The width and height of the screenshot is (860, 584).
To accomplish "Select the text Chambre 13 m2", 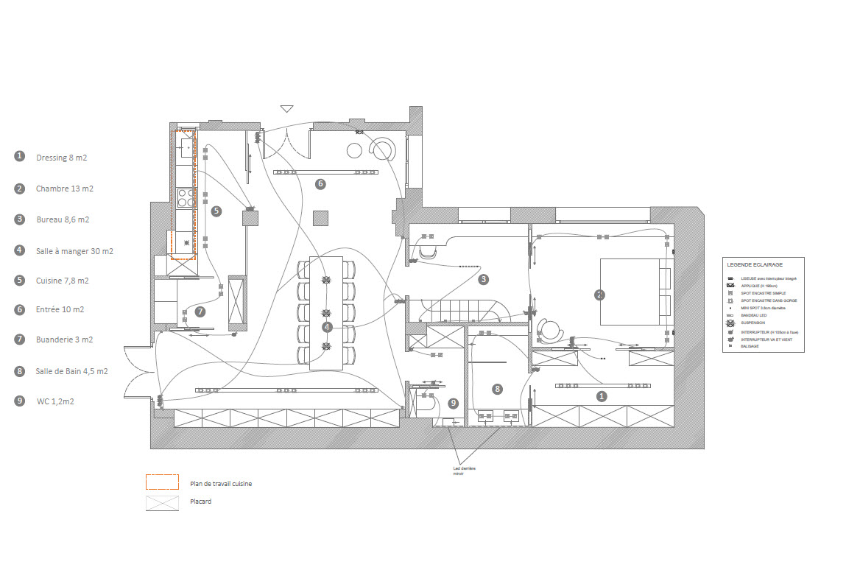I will coord(64,189).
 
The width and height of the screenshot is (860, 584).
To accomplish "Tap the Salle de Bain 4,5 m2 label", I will coord(71,371).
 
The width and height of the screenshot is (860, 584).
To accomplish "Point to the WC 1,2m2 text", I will coord(55,401).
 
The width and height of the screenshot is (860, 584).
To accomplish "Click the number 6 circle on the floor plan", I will coord(320,184).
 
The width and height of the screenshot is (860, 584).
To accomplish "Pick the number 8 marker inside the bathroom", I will coord(498,389).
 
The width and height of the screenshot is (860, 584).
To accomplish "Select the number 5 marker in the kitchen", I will coord(216,211).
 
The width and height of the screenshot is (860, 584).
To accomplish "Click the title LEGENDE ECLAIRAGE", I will coord(754,264).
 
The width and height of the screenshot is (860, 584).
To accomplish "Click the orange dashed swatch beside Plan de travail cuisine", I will coord(162,482).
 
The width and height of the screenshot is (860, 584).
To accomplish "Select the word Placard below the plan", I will coord(200,502).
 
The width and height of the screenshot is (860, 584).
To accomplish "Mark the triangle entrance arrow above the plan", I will coord(286,109).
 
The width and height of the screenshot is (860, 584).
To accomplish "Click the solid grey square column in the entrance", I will coord(320,218).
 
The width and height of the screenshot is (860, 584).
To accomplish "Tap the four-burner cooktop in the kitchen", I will coord(185,197).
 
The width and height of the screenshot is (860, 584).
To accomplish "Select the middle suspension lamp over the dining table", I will coord(326,313).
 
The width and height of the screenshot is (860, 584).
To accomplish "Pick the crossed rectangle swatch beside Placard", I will coord(162,503).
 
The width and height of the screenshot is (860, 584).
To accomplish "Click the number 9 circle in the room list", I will coord(19,401).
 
